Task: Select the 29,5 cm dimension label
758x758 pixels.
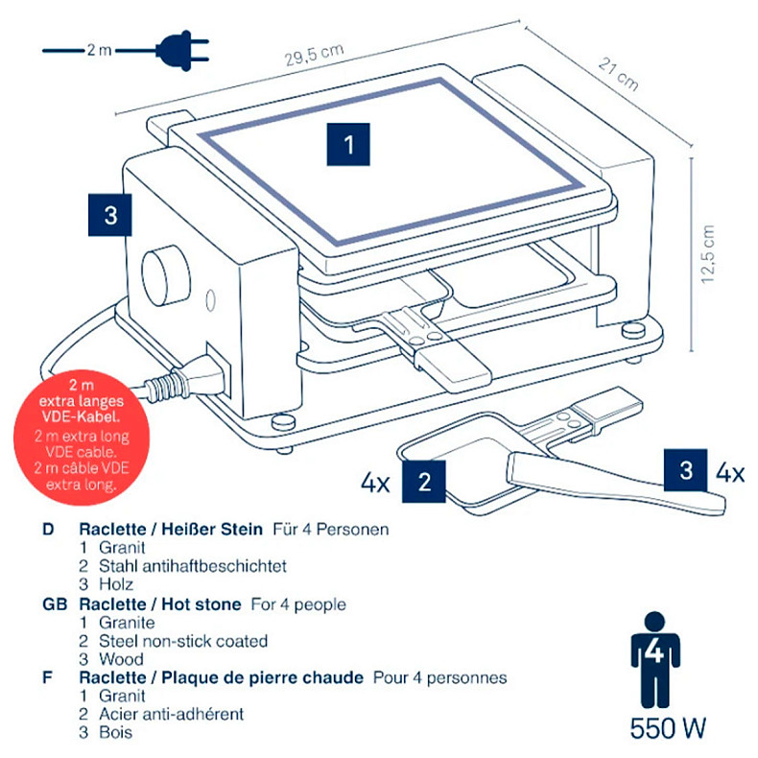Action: (312, 57)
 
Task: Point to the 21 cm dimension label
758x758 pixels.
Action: (619, 73)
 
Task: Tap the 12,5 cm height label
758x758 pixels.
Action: (708, 254)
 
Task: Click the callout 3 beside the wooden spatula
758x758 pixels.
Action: (685, 470)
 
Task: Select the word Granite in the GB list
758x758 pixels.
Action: (127, 623)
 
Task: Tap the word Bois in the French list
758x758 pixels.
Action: (115, 732)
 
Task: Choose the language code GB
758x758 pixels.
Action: (54, 604)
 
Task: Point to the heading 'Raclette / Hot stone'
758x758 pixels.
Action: (160, 604)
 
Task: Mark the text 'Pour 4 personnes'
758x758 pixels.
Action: (439, 677)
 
